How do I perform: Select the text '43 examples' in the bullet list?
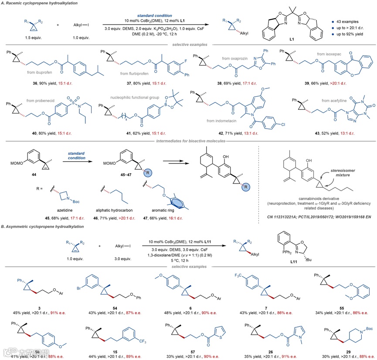click(347, 21)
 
